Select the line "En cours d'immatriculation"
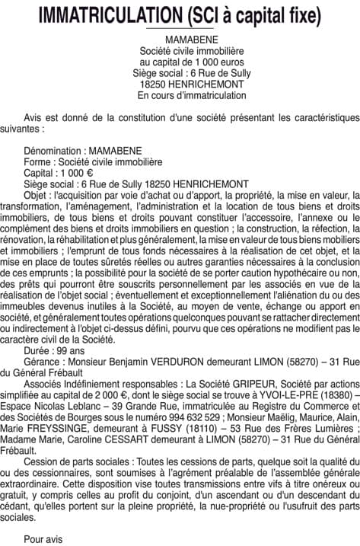(x=180, y=96)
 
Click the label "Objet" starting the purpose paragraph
(x=37, y=195)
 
